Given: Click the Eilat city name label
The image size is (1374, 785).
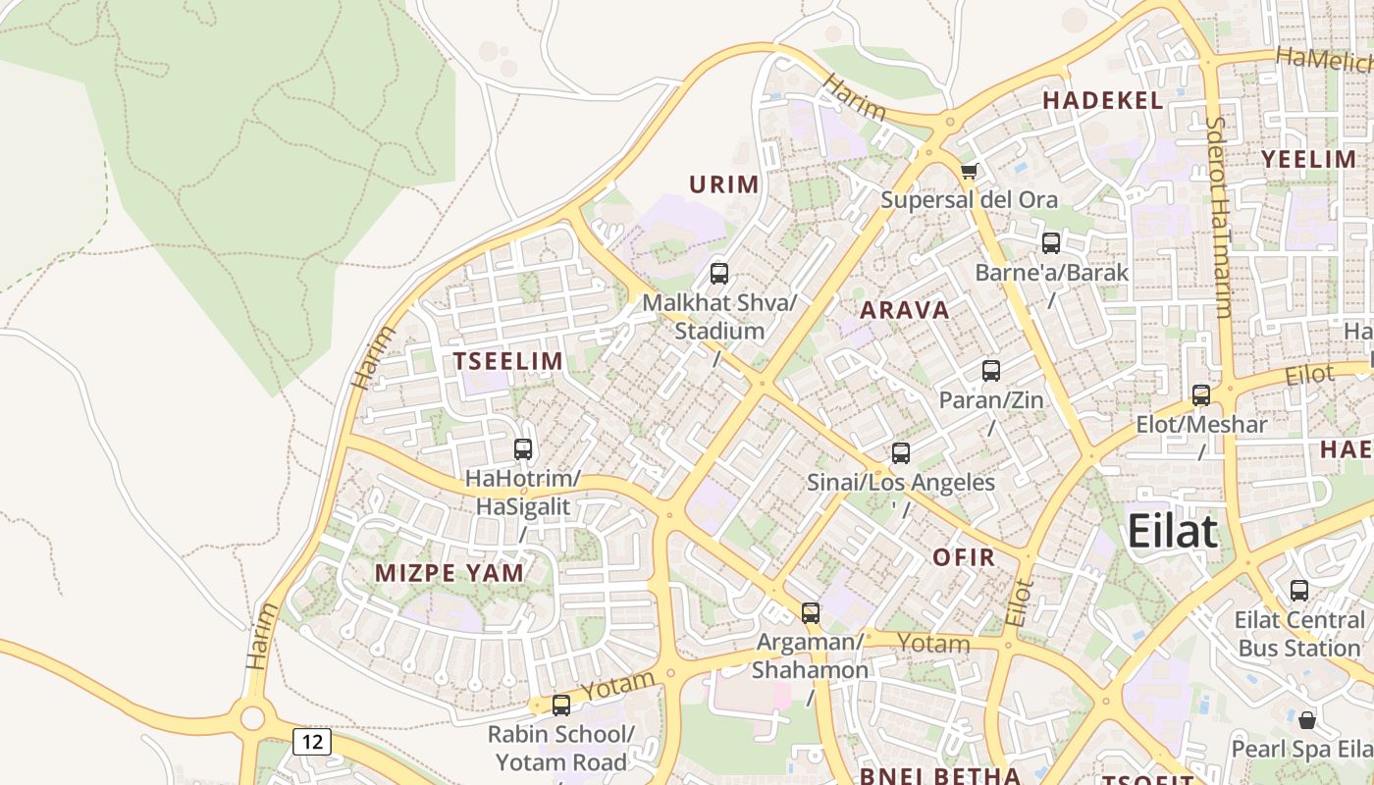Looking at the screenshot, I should tap(1173, 531).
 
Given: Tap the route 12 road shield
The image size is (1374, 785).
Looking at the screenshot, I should tap(312, 741).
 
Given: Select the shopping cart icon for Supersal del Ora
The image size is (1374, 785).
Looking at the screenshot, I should tap(969, 172).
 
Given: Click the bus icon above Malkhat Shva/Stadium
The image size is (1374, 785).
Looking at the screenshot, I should tap(719, 273).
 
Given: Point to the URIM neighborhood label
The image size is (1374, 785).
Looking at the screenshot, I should tap(724, 184).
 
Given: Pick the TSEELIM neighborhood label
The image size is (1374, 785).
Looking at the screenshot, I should tap(508, 361).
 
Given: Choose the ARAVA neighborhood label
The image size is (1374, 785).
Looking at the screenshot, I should tap(905, 310).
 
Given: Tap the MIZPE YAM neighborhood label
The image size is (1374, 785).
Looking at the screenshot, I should tap(449, 573).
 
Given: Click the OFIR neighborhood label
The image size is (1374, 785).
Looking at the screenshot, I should tap(964, 558).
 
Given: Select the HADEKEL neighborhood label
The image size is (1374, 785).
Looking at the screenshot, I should tap(1103, 100).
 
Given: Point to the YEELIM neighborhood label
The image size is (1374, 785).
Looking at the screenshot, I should tap(1308, 159).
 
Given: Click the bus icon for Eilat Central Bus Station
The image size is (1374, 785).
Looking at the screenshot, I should tap(1299, 590).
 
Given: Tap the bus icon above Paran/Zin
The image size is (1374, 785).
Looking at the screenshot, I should tap(991, 370).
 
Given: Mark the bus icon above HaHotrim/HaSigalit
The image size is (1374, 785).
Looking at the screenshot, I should tap(523, 448).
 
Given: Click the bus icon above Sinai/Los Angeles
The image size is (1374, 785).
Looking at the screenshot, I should tap(901, 452).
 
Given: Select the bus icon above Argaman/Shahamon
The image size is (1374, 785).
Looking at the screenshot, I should tap(811, 612).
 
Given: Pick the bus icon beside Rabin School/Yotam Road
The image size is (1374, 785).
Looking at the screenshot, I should tap(561, 705).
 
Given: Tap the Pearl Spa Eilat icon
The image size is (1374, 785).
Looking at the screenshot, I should tap(1307, 720).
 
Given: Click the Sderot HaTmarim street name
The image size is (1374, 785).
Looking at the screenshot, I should tap(1218, 218).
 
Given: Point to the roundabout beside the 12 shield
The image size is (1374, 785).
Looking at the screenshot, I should tap(252, 718).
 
